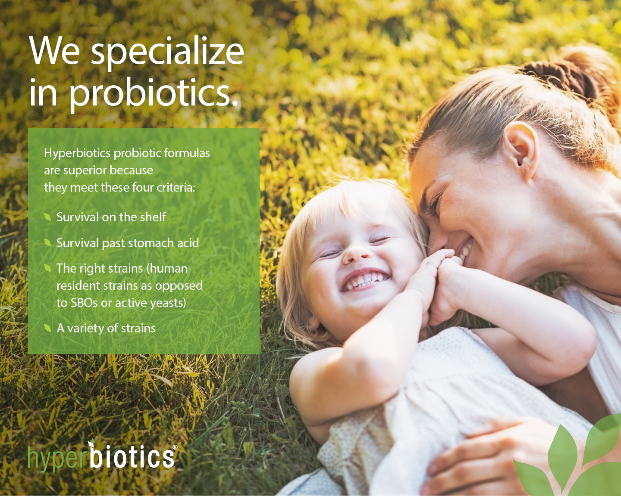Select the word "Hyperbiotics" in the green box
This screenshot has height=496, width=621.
pos(77,153)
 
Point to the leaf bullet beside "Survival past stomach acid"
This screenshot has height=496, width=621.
pos(47,243)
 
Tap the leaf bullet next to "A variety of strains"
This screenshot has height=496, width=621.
pos(47,328)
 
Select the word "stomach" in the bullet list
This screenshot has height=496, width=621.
pos(150,243)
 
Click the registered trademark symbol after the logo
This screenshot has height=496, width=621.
pos(175,447)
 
